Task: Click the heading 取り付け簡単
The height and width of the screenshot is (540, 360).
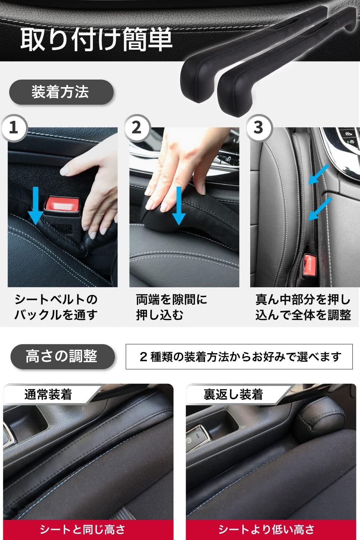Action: coord(96,39)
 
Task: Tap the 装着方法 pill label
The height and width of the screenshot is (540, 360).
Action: coord(60,92)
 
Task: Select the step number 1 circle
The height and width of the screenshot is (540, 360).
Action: coord(14,127)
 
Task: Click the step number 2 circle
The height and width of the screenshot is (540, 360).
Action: coord(136,127)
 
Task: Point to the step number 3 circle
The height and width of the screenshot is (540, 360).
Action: coord(259,127)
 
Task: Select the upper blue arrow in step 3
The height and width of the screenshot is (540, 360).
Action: coord(319,175)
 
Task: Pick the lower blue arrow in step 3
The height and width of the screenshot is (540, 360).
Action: coord(320,209)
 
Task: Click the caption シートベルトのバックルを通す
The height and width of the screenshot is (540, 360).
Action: coord(56,307)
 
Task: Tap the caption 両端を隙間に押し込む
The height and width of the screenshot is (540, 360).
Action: coord(171,307)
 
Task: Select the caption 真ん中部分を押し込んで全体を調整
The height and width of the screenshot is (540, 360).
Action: coord(303,307)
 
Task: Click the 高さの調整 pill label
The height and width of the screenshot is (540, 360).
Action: coord(62,356)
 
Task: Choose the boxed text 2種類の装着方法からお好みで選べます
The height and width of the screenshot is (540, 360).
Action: coord(239,357)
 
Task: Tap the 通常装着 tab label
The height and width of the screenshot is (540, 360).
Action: coord(48,395)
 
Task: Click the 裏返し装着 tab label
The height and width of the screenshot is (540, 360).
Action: coord(233,395)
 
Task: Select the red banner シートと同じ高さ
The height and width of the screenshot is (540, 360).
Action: coord(83,530)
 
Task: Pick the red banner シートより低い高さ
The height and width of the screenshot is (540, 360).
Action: coord(266,530)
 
